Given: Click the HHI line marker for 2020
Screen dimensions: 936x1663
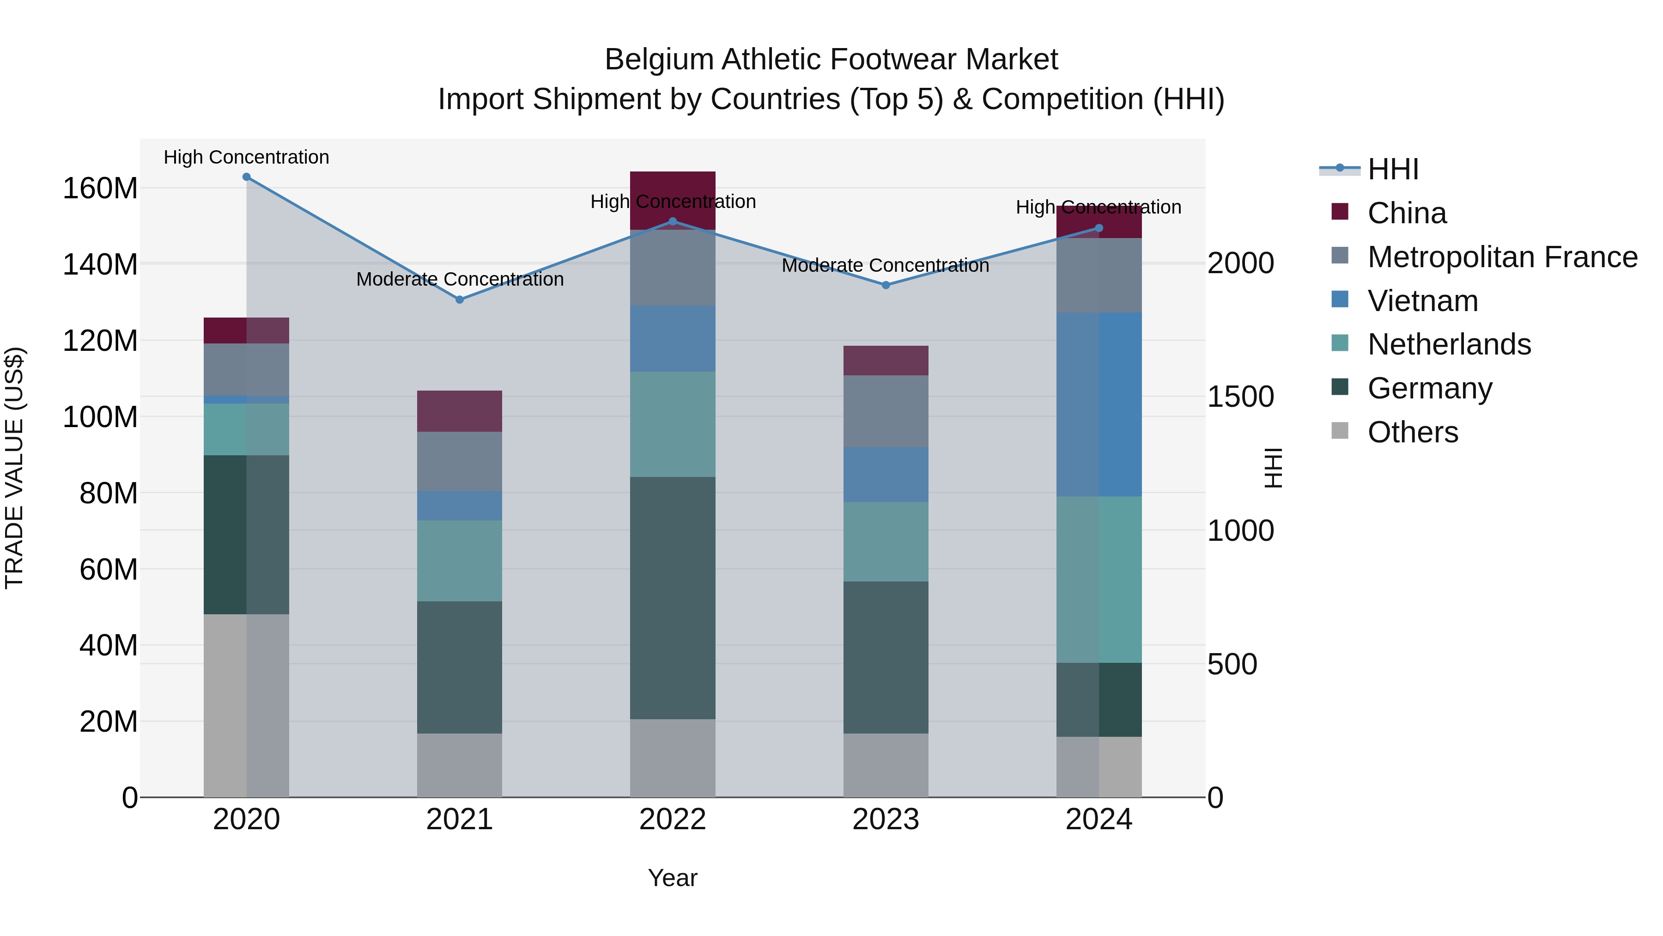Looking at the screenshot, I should tap(247, 177).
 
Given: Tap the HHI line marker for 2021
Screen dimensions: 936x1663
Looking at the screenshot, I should tap(460, 300).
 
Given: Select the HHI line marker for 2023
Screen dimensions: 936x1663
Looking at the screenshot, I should tap(886, 285).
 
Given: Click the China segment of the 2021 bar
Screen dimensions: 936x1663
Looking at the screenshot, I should tap(460, 411).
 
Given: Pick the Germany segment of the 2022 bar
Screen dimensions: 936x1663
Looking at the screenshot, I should tap(673, 598).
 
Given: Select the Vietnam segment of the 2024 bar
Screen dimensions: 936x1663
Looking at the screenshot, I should tap(1099, 404).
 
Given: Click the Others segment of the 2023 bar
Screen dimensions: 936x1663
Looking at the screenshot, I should tap(886, 765).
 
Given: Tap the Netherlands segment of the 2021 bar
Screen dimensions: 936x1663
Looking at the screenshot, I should tap(460, 561).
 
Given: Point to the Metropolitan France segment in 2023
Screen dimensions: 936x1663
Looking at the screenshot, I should tap(886, 411).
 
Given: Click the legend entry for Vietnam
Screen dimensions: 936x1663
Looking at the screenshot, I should tap(1422, 301).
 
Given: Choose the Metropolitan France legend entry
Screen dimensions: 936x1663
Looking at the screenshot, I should tap(1502, 257).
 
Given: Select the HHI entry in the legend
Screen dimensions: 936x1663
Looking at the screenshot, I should tap(1392, 169).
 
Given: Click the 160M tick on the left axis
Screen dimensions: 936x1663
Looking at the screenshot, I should tap(100, 189).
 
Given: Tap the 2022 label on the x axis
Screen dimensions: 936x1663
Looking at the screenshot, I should tap(673, 820).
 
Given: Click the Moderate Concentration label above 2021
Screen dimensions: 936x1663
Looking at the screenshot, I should tap(460, 279).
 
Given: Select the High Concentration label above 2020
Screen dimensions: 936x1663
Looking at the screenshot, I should tap(247, 157).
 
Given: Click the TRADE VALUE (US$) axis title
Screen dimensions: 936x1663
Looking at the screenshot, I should tap(14, 468).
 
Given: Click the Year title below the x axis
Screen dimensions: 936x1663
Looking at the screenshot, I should tap(673, 878).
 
